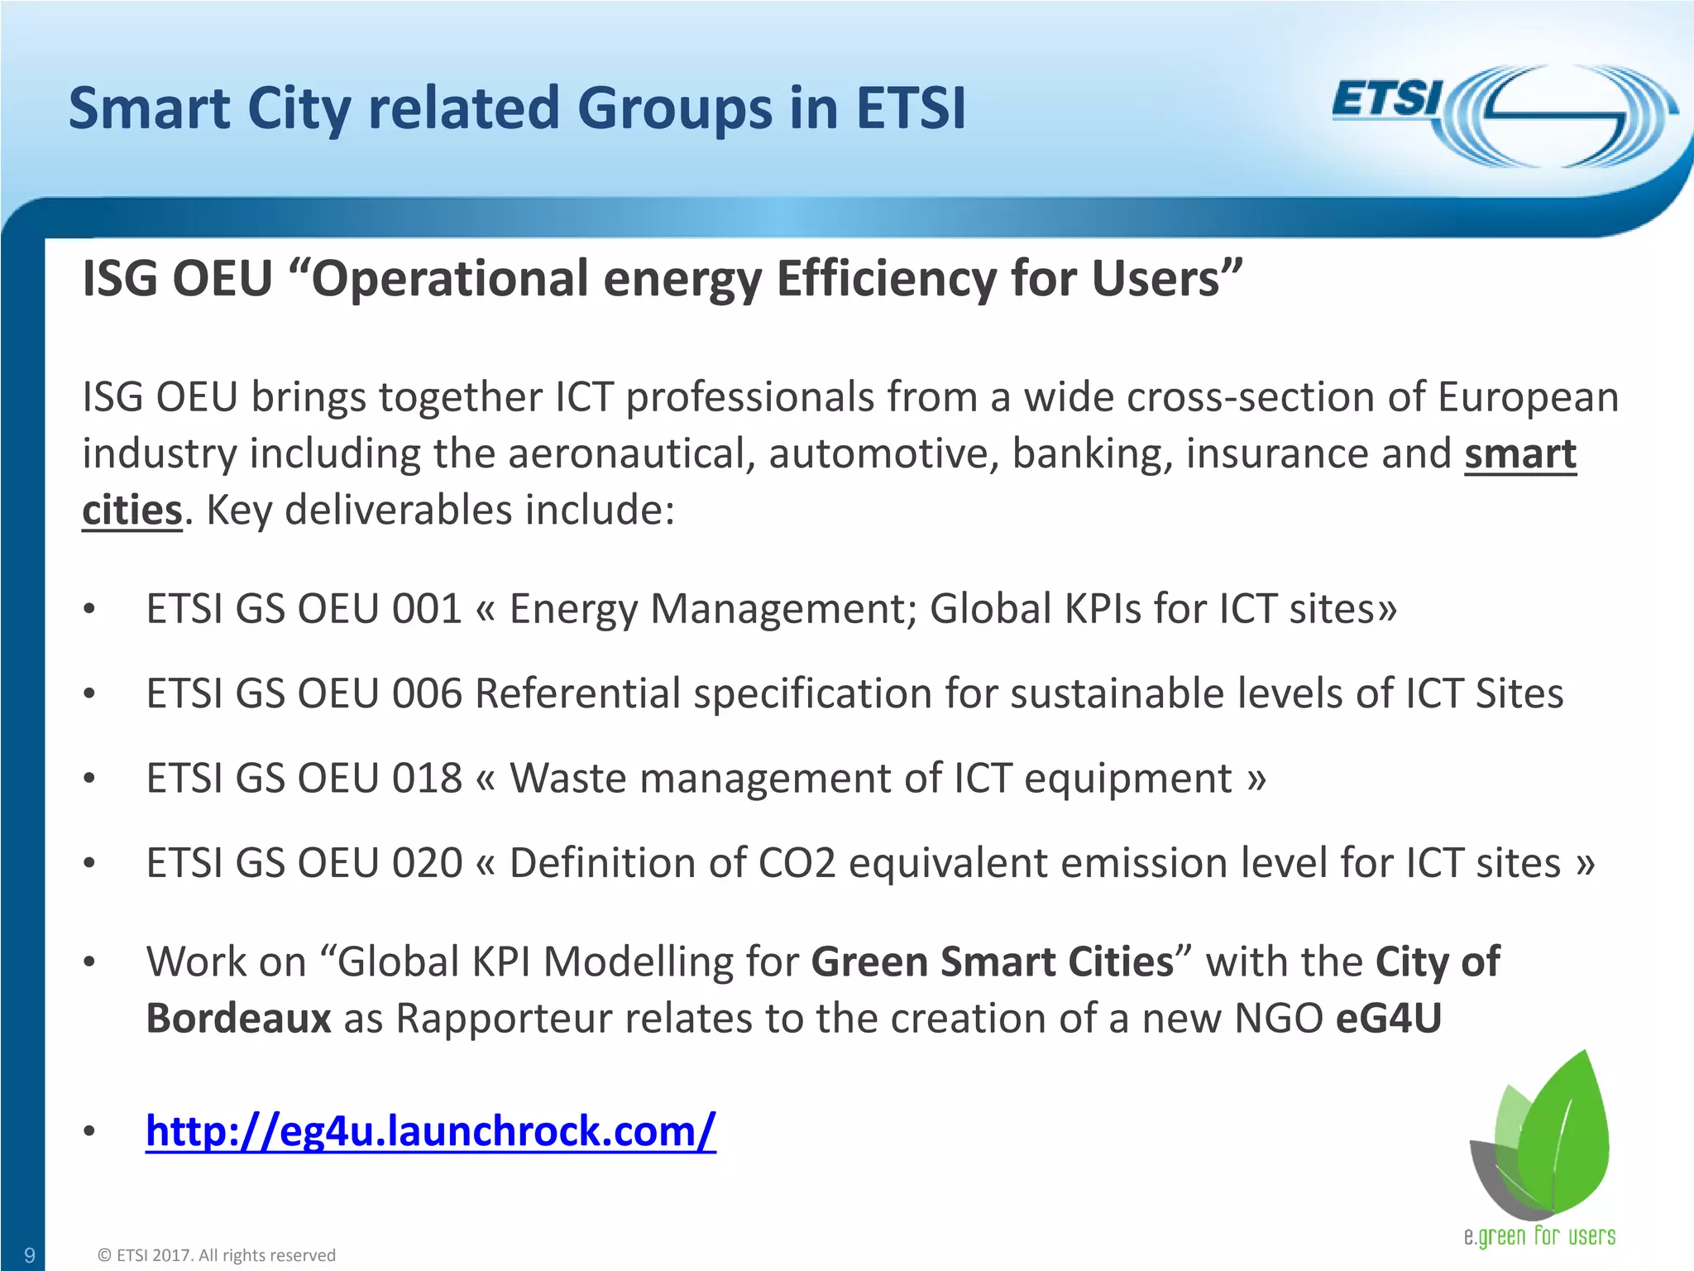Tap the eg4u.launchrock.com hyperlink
[430, 1130]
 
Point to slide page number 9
[29, 1255]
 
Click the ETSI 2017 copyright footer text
[217, 1255]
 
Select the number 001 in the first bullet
[426, 609]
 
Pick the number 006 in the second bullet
[426, 693]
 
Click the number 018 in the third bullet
[426, 779]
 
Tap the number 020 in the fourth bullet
[426, 863]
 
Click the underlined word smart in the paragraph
[1519, 454]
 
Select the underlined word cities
[132, 510]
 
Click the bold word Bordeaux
[238, 1019]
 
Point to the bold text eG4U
[1389, 1019]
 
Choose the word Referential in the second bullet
[577, 693]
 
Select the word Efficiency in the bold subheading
[886, 279]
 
